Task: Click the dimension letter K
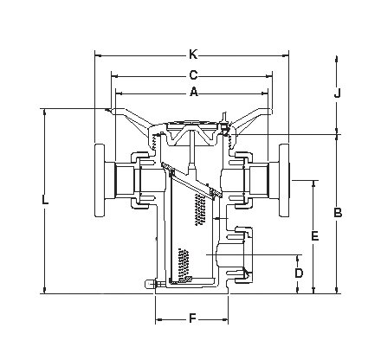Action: point(193,55)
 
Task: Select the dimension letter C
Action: point(193,75)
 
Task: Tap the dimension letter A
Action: point(194,93)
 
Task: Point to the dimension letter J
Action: point(338,93)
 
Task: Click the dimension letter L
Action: point(45,200)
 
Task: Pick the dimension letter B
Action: point(338,213)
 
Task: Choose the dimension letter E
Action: point(315,235)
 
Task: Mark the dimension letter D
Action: point(299,273)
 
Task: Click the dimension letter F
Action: point(192,318)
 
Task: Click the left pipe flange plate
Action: point(100,180)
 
